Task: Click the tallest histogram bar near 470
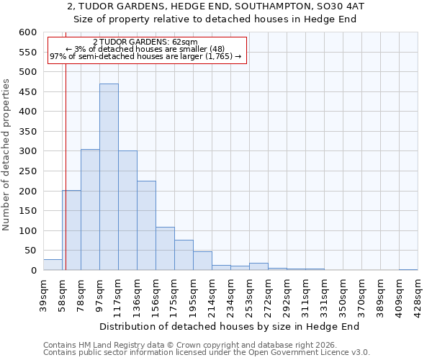109,177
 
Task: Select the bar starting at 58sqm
71,230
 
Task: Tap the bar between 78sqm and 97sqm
90,210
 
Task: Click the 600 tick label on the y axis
27,32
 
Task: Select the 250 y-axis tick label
27,171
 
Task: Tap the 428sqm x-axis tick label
418,294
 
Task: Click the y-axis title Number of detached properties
6,156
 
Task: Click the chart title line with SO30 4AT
216,6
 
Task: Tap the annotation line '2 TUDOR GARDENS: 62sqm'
145,42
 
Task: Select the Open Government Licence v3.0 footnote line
207,353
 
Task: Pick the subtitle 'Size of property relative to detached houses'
216,19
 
